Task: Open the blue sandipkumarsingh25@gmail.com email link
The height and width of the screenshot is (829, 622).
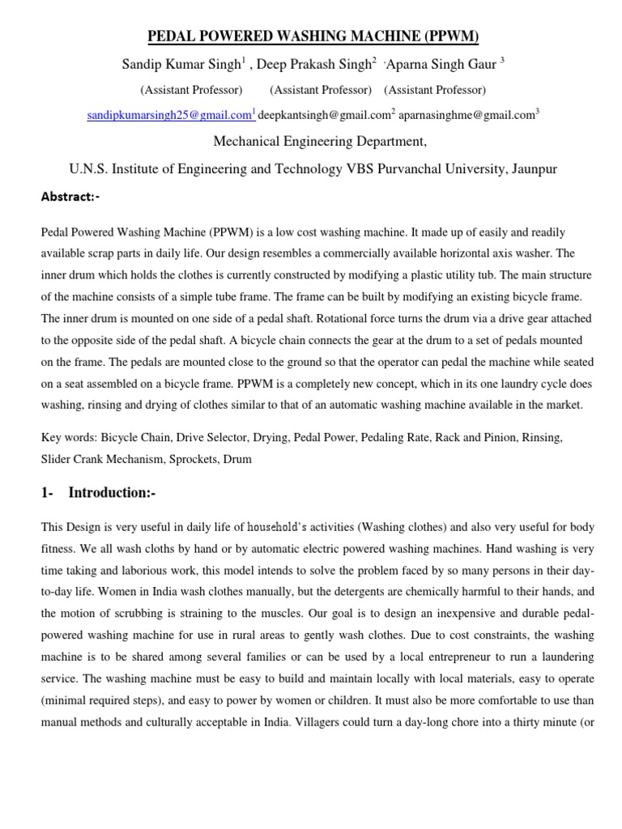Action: (x=169, y=116)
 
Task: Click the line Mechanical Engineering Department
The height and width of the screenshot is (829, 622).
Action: (x=309, y=142)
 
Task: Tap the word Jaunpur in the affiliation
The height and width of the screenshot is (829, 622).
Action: (x=530, y=169)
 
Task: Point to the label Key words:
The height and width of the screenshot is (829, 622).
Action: (x=69, y=437)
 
